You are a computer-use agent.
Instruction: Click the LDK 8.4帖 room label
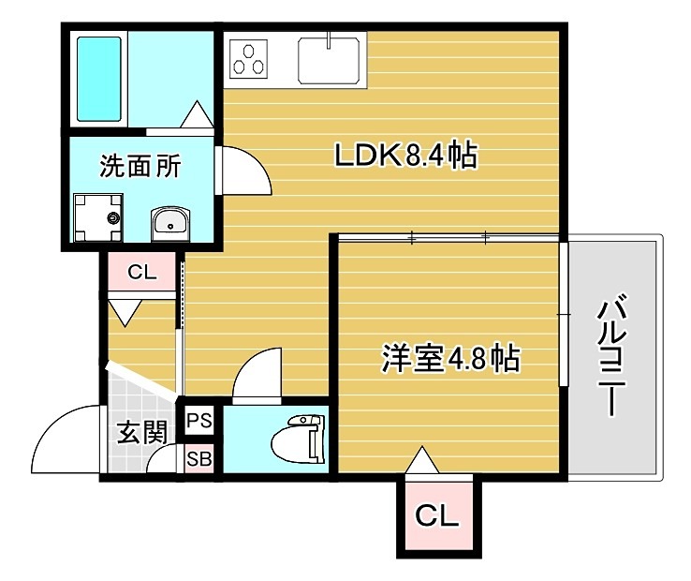[406, 156]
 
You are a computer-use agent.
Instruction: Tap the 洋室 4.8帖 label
[450, 357]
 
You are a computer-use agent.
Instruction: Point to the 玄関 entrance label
[140, 433]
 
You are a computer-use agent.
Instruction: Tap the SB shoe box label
[198, 459]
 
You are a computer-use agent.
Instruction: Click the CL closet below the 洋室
[437, 514]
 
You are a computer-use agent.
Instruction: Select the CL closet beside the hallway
[141, 274]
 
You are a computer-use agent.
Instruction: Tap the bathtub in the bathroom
[98, 80]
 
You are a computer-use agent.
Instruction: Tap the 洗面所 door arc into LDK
[243, 170]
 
